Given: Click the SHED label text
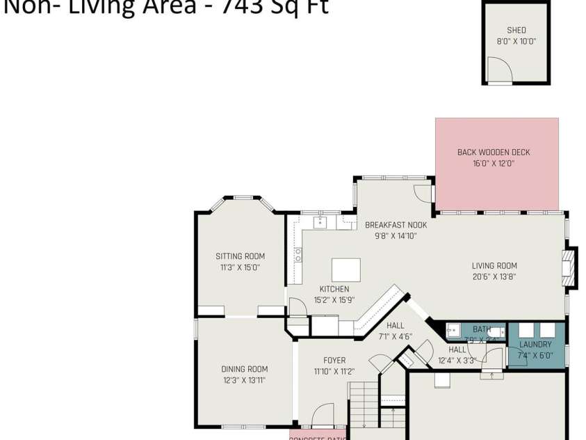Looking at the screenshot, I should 516,30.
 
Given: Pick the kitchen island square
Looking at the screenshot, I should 345,269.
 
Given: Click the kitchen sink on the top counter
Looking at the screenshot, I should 320,223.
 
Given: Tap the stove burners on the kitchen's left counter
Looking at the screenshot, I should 298,255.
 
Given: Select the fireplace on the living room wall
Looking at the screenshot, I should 569,267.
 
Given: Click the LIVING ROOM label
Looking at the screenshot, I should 494,265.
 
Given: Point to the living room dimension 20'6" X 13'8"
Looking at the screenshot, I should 494,276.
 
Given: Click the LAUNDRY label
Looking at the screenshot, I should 535,345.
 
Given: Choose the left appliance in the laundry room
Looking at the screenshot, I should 526,330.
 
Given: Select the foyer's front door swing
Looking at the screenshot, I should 321,415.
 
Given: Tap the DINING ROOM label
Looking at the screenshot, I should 244,369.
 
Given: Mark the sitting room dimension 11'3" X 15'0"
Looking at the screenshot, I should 240,267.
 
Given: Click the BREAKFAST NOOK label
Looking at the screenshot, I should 396,225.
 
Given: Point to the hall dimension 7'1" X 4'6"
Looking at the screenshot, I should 395,336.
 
